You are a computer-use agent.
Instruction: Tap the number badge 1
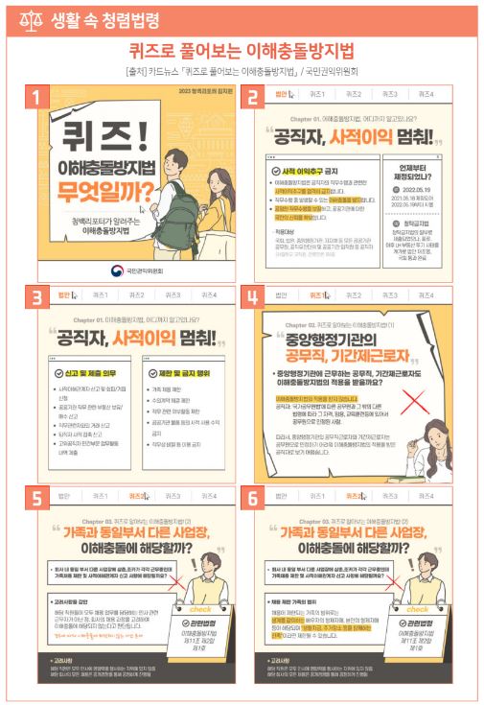coord(35,96)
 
